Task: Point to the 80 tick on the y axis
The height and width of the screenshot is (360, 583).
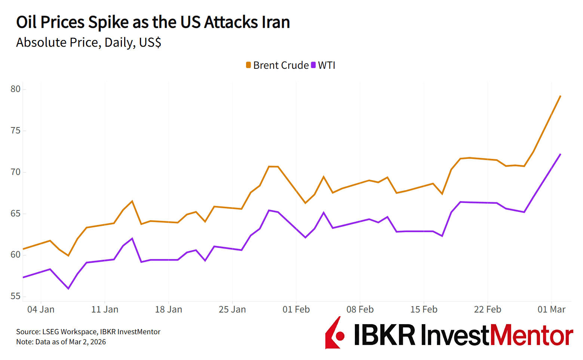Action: [x=16, y=89]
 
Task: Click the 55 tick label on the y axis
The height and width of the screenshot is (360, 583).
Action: [x=16, y=296]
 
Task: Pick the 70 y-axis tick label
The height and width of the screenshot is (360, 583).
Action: [x=16, y=172]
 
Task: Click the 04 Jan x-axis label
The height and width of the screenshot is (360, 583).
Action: [x=41, y=310]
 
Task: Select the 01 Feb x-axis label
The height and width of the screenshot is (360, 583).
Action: [x=296, y=310]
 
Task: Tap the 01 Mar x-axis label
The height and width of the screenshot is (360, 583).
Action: [x=552, y=310]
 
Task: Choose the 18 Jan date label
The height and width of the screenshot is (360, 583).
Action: [x=169, y=310]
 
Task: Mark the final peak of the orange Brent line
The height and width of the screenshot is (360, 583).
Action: [x=560, y=96]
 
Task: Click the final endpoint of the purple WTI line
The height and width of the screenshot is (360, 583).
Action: [x=560, y=154]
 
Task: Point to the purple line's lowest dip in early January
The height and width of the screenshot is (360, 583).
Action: [x=68, y=289]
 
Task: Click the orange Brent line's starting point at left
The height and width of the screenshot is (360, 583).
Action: [x=23, y=249]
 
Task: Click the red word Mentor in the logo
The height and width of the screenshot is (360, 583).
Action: [x=531, y=335]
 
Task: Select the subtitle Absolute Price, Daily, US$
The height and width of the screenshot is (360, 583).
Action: [x=89, y=43]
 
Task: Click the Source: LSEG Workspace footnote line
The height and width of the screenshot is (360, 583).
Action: [x=88, y=332]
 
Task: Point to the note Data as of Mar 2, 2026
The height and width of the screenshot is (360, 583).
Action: [x=61, y=342]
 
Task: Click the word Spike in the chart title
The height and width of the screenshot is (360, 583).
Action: [x=108, y=22]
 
